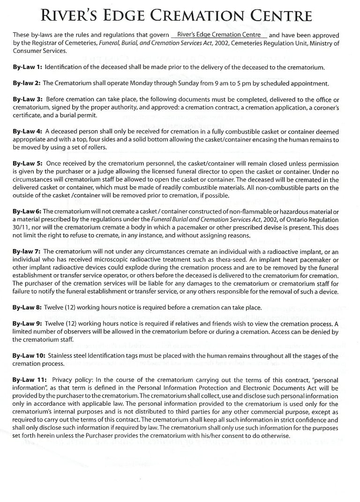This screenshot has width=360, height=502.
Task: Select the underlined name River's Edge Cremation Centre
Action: coord(219,35)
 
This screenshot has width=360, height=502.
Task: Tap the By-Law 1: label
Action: coord(28,67)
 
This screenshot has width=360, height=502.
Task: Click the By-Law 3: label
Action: coord(28,100)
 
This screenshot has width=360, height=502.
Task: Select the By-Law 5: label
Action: coord(28,164)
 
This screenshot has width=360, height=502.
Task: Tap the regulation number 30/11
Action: coord(21,228)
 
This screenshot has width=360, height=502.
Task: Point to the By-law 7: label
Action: coord(28,252)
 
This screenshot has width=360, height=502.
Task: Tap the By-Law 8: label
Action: coord(28,308)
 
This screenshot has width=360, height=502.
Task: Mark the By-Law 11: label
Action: coord(30,380)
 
